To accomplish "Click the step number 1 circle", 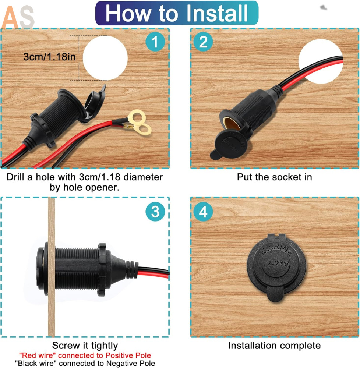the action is click(155, 42).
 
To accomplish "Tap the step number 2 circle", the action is click(203, 42).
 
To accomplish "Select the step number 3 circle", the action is click(155, 211).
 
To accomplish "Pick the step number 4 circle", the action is click(203, 211).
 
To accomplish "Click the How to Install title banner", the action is click(177, 13).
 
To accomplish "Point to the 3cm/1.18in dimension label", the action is click(50, 57).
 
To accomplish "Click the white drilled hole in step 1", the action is click(105, 58).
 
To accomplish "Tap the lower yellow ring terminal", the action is click(143, 130).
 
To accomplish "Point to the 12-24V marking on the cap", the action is click(276, 263).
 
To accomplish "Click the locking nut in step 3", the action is click(102, 269).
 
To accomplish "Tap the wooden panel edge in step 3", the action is click(52, 267).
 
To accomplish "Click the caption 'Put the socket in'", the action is click(274, 177).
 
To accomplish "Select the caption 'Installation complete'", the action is click(274, 346).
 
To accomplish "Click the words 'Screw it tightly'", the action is click(85, 346).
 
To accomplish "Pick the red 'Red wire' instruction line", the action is click(85, 355).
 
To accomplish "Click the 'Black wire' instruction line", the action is click(85, 363).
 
